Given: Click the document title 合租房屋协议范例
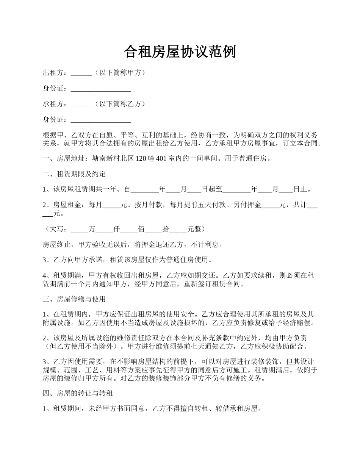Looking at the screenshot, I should click(x=180, y=52).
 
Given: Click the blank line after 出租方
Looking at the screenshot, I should click(x=81, y=73).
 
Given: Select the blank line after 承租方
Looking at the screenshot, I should click(x=81, y=104).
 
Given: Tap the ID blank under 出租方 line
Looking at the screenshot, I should click(x=100, y=89).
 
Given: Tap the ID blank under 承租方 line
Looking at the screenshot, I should click(x=100, y=120).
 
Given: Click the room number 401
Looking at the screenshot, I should click(x=161, y=159).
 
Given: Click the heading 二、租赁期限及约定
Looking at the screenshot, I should click(x=74, y=174).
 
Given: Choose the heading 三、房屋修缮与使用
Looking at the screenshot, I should click(x=74, y=299).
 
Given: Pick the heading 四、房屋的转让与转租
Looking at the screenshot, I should click(x=78, y=394).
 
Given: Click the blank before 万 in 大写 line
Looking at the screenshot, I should click(x=79, y=229).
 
